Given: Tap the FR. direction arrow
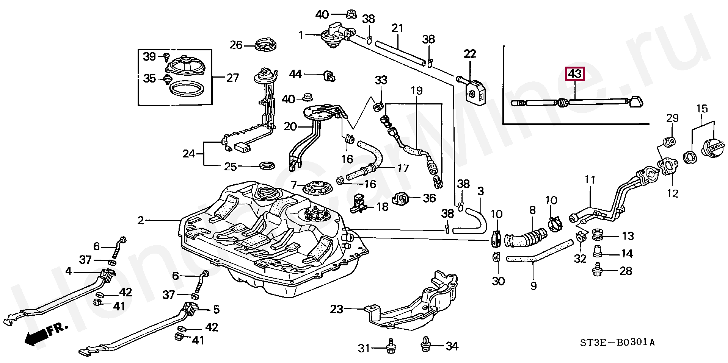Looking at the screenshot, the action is click(x=45, y=334).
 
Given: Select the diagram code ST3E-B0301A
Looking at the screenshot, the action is click(x=617, y=343).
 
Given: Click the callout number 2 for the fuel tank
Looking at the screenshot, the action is click(x=141, y=220).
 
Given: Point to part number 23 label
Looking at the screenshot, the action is click(x=336, y=309).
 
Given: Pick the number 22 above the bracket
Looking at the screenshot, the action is click(x=470, y=54).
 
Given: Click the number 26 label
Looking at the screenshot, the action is click(x=236, y=45).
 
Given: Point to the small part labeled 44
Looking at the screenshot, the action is click(x=330, y=75).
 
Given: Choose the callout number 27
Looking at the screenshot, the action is click(x=232, y=78).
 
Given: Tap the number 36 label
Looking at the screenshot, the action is click(x=429, y=198).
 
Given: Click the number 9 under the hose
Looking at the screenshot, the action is click(x=533, y=285).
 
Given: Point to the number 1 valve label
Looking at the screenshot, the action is click(x=301, y=35).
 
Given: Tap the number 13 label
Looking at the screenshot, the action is click(x=628, y=236).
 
